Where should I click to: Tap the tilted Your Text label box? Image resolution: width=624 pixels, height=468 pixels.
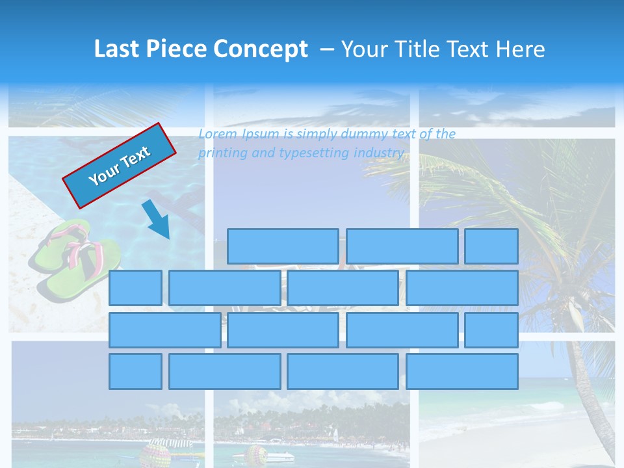(120, 166)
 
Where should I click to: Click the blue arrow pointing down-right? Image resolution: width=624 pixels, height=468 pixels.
(157, 220)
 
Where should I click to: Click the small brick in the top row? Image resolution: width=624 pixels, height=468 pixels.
(491, 246)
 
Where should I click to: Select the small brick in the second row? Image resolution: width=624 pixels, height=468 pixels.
(135, 288)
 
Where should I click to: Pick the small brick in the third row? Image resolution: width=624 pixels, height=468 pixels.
(491, 330)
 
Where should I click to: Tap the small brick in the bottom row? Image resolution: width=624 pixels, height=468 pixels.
(135, 372)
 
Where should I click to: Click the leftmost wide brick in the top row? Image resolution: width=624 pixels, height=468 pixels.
(283, 246)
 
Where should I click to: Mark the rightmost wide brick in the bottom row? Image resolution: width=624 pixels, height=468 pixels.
(462, 372)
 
